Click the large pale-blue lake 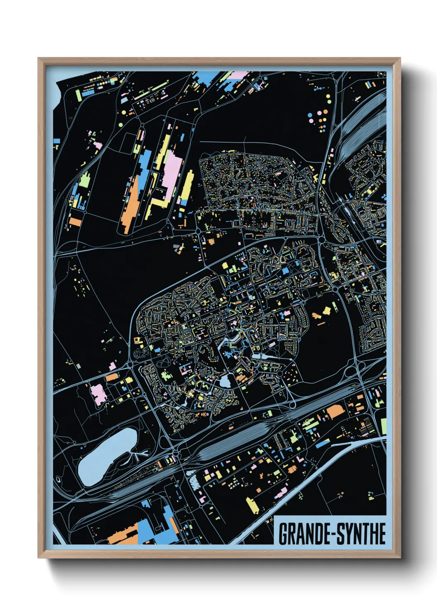107,457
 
